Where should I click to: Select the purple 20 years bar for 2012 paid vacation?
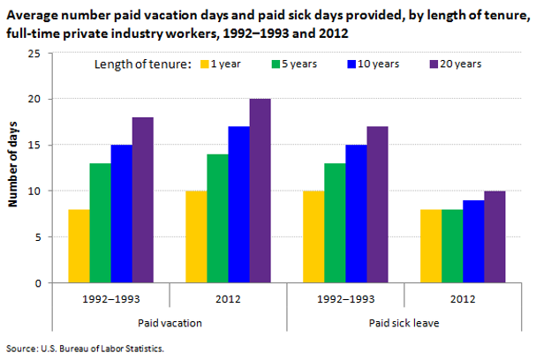click(x=260, y=191)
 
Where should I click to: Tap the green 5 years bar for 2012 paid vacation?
click(x=217, y=219)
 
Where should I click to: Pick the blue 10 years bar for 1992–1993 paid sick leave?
click(x=356, y=214)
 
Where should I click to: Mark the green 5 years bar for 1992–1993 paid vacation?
click(x=100, y=223)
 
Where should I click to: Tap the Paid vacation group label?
click(x=169, y=323)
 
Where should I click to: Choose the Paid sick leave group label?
click(x=404, y=323)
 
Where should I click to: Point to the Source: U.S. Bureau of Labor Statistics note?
click(x=85, y=349)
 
